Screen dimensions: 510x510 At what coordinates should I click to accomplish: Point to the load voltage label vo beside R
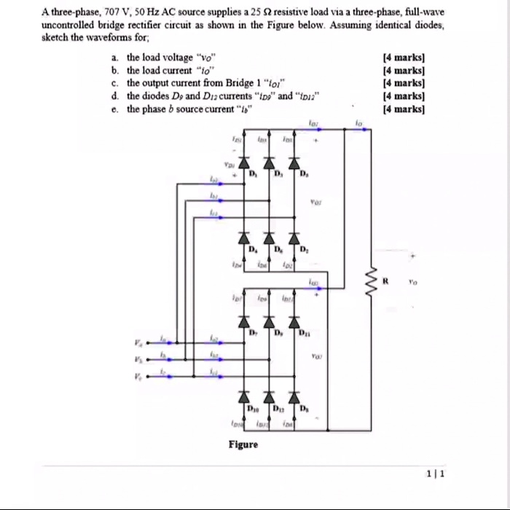click(413, 280)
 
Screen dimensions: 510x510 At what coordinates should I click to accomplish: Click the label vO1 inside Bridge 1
click(316, 204)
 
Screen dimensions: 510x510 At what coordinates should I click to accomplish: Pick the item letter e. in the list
click(115, 109)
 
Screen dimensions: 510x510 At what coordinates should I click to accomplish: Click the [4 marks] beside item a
click(403, 57)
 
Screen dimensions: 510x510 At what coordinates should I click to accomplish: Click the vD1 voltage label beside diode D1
click(230, 165)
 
